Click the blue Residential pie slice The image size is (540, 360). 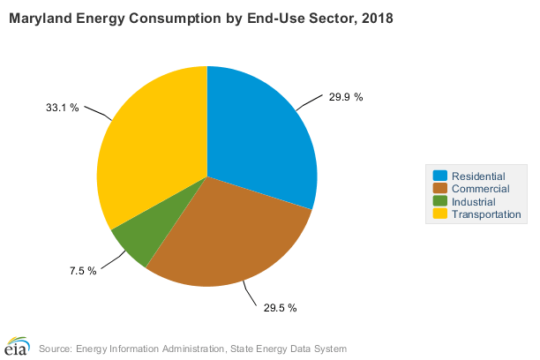(x=260, y=132)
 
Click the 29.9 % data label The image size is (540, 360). (x=346, y=97)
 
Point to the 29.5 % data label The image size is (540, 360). (x=281, y=308)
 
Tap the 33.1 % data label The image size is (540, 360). (x=63, y=108)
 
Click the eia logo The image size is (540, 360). (x=17, y=345)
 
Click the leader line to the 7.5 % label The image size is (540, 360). (x=113, y=262)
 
